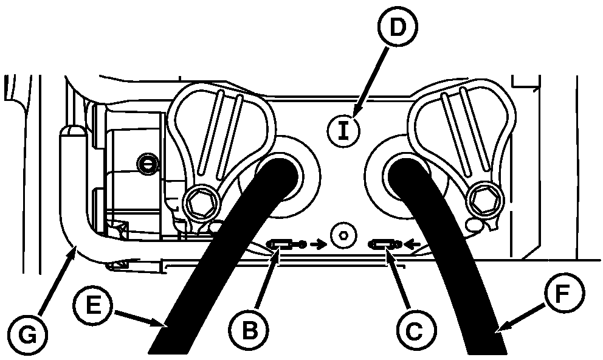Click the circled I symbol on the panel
pyautogui.click(x=343, y=131)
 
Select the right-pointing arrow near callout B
pyautogui.click(x=317, y=244)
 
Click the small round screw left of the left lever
pyautogui.click(x=146, y=164)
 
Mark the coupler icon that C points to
pyautogui.click(x=382, y=244)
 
